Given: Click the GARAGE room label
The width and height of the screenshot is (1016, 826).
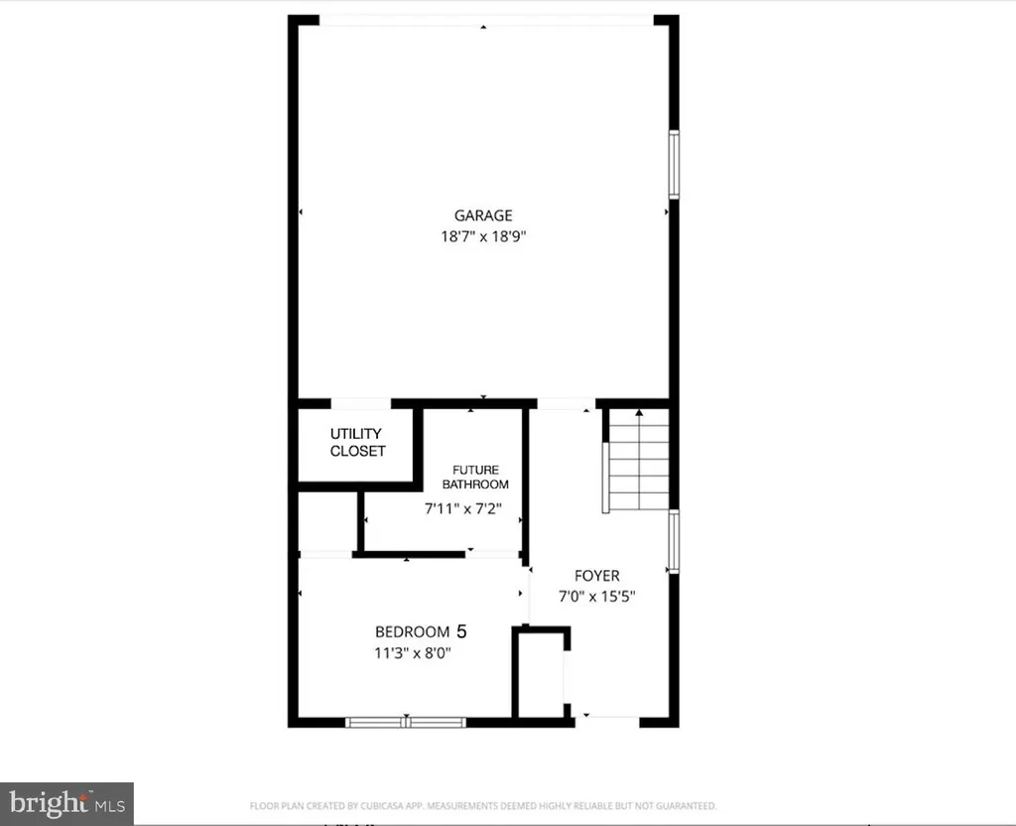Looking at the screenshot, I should [x=483, y=215].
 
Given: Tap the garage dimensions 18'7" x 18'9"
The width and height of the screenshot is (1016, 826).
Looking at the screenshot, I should [x=483, y=237].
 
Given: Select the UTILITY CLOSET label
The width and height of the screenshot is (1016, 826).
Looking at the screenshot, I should [x=357, y=443].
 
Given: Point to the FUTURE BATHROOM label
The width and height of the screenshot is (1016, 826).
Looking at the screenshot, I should [x=475, y=478].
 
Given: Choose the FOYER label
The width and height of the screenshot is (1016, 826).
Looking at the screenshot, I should [x=597, y=576].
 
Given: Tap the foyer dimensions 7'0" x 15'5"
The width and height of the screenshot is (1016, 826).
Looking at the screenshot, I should [x=597, y=597].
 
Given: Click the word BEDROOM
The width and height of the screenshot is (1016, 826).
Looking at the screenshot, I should [x=412, y=631].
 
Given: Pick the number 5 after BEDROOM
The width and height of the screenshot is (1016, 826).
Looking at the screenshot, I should [x=460, y=630].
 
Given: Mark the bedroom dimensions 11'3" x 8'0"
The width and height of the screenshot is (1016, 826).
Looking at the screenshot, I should [x=416, y=653].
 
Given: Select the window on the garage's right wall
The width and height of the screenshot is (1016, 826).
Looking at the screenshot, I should [x=674, y=163].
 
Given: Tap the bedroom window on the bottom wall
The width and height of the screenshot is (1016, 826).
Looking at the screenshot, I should [x=406, y=722].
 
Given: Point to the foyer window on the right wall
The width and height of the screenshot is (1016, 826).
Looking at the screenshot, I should [x=674, y=542].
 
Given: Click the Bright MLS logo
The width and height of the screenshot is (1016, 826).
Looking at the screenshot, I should [x=66, y=802].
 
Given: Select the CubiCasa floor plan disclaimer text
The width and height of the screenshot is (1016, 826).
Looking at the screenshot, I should [x=482, y=806].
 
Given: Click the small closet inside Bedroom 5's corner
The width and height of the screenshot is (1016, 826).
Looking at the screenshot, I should [x=541, y=673].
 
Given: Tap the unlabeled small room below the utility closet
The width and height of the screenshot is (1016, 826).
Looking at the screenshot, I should [x=327, y=521].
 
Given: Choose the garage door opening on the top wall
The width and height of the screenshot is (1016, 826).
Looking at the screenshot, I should [x=485, y=20].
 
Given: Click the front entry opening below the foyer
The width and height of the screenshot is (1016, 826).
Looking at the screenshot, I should [x=606, y=718].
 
